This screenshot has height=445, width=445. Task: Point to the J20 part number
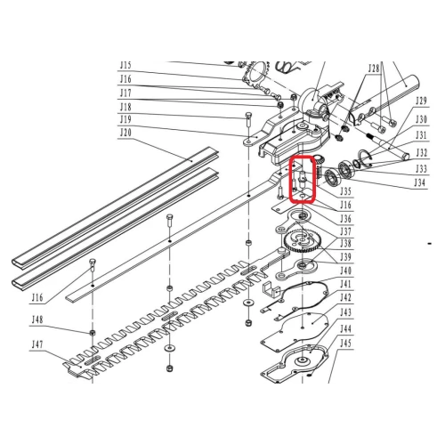(x=125, y=133)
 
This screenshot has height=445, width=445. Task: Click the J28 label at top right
(x=373, y=68)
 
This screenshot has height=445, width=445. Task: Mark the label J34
(x=420, y=183)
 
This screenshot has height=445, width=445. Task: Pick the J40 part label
(x=346, y=271)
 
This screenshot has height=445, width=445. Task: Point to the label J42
(x=346, y=296)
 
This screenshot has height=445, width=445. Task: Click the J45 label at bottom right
(x=346, y=342)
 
